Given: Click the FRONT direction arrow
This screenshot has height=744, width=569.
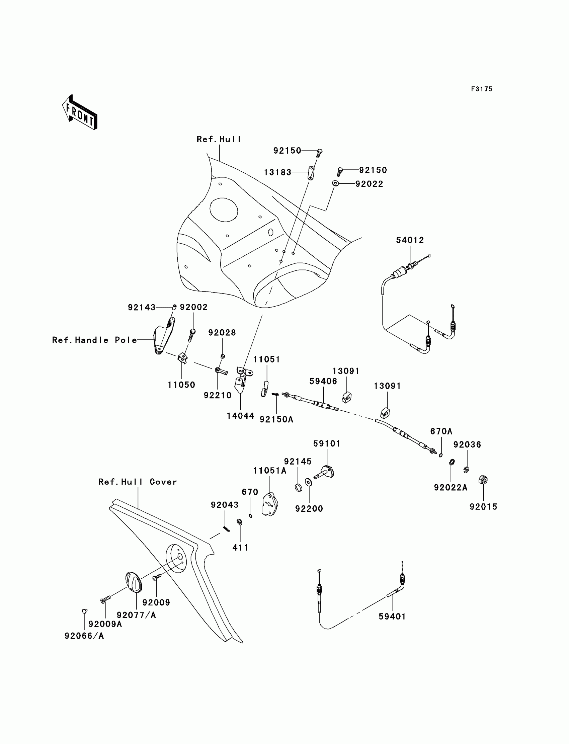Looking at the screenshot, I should [80, 113].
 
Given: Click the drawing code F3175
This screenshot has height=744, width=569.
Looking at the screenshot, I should [481, 89].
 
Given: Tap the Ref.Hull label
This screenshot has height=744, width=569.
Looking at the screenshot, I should [219, 140].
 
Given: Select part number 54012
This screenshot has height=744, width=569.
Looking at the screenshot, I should [410, 240].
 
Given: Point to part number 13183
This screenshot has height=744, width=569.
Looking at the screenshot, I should [277, 172].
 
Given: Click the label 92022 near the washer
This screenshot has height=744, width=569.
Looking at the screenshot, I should [369, 184].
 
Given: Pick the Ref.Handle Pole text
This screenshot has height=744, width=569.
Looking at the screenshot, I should [94, 340].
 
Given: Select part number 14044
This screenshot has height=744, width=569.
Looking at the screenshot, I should [240, 416].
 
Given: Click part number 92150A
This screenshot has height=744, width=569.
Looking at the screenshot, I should [276, 420].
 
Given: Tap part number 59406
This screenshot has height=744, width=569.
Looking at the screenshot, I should [323, 381].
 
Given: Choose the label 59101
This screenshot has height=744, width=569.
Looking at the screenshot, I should [327, 443].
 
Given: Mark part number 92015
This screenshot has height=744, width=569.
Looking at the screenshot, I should [483, 507].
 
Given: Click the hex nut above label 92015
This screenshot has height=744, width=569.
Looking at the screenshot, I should [483, 480].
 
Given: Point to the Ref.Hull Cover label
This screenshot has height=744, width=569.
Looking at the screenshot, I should [138, 482].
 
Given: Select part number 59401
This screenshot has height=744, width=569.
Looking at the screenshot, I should [392, 616].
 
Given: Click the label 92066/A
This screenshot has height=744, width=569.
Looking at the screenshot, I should [84, 636].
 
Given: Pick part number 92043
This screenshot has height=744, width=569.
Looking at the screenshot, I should [225, 505].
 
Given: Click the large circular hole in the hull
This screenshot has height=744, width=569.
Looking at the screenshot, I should [224, 210].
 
